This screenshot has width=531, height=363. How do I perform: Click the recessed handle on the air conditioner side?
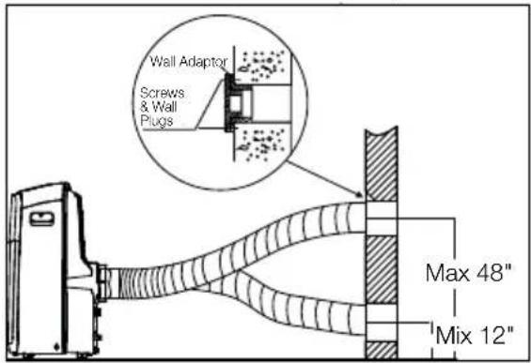pyautogui.click(x=41, y=219)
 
